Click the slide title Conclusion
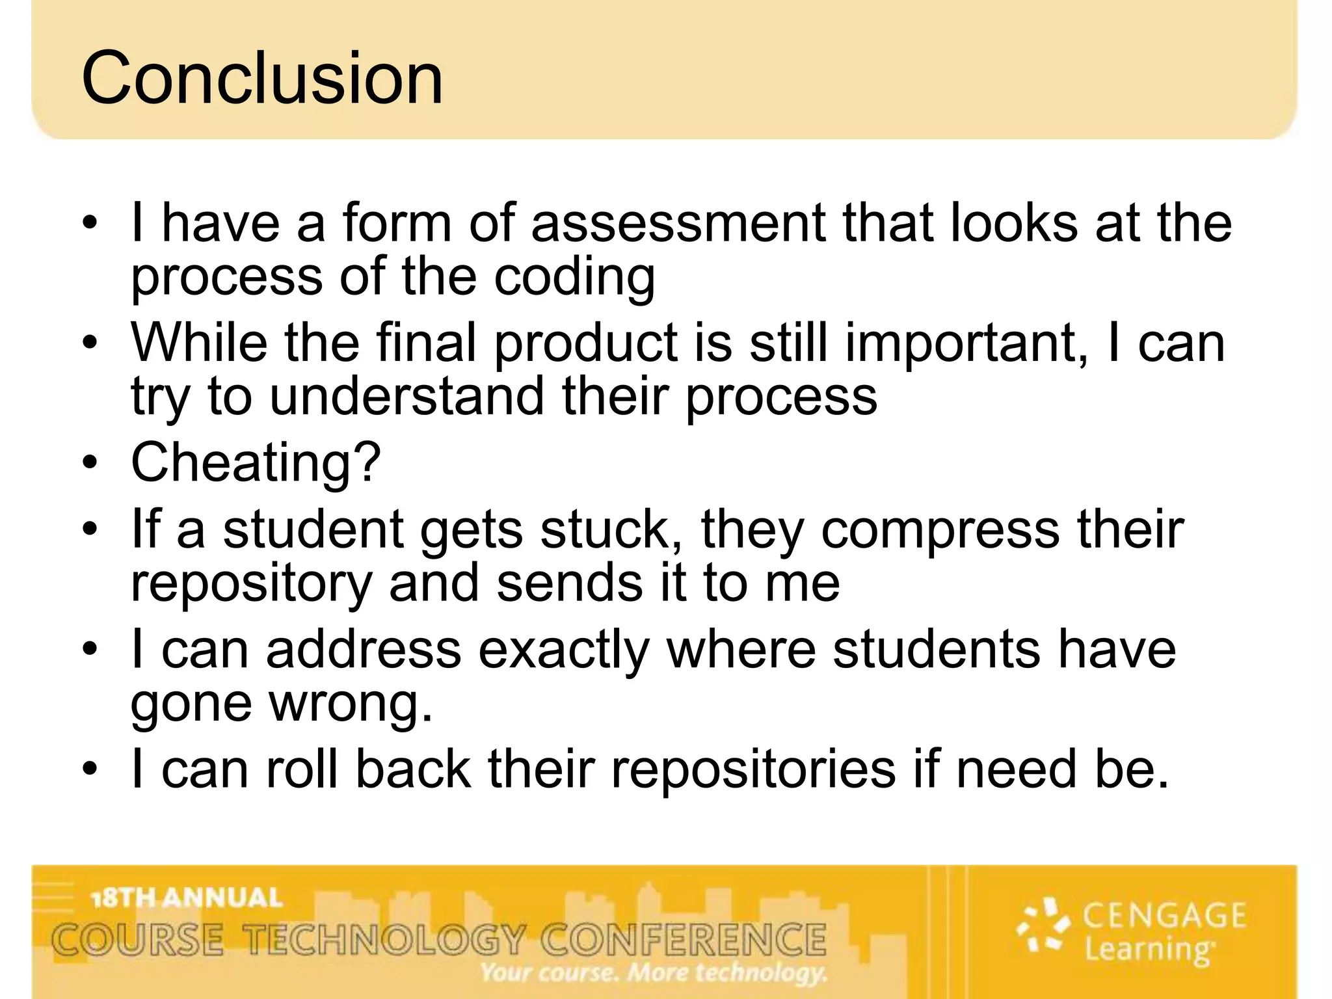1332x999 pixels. click(262, 78)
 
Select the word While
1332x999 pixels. click(199, 343)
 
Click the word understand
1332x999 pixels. click(406, 397)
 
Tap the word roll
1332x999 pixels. click(302, 769)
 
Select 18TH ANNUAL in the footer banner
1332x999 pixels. click(187, 898)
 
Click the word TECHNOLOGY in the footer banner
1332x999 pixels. click(384, 940)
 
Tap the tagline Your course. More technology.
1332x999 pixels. click(653, 972)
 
